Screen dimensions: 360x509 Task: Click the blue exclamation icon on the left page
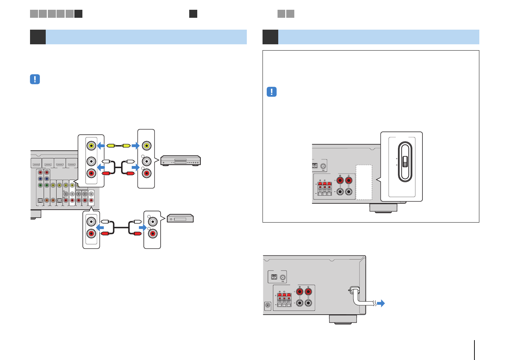click(x=35, y=79)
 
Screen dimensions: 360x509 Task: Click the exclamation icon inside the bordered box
click(x=272, y=92)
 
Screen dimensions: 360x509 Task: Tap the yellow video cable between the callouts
click(x=118, y=145)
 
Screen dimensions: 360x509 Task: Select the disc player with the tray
click(x=180, y=160)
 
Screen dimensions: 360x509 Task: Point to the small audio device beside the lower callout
click(x=180, y=218)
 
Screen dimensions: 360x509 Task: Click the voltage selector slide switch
click(x=405, y=162)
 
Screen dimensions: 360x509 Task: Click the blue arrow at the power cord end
click(x=381, y=303)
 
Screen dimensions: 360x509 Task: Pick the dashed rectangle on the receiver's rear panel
click(x=364, y=182)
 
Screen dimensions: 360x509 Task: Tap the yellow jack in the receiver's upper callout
click(x=91, y=145)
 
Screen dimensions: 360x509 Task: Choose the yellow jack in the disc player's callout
click(x=146, y=145)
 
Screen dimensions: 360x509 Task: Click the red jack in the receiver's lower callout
click(x=91, y=233)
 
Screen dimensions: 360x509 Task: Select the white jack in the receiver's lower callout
click(x=91, y=221)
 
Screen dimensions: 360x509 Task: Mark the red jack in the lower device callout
click(x=153, y=233)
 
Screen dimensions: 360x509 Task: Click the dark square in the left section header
click(x=38, y=37)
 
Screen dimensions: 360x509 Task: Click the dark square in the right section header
click(x=270, y=37)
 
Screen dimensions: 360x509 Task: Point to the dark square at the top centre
click(x=193, y=14)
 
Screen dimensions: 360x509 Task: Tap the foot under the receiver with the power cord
click(x=343, y=319)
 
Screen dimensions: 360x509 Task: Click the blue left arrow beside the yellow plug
click(x=101, y=145)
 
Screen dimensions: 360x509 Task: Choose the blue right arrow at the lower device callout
click(x=142, y=227)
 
